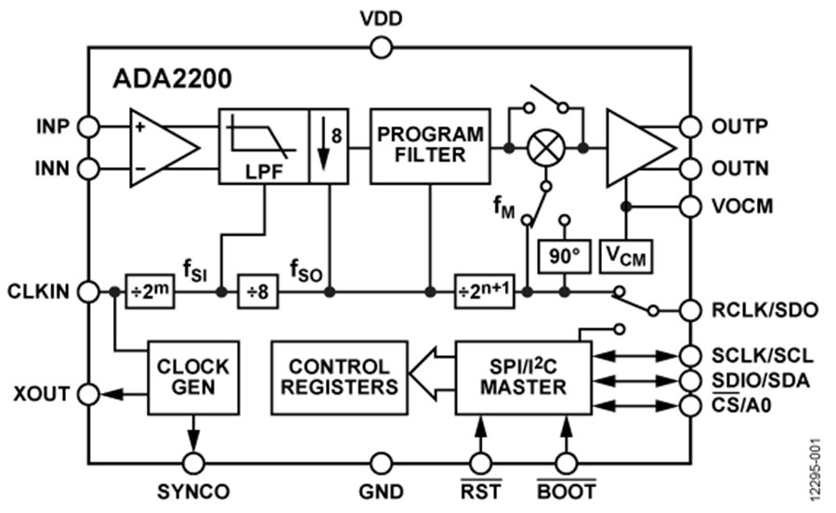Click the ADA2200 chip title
(x=173, y=79)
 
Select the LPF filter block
(x=264, y=146)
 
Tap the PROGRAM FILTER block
(x=430, y=146)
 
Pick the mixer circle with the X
(x=546, y=147)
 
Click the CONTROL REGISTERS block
(x=339, y=376)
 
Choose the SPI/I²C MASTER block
(x=524, y=376)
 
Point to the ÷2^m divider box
(x=149, y=292)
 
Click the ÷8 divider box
(x=257, y=292)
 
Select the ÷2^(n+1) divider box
(x=484, y=292)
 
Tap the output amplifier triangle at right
(x=637, y=148)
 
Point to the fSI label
(x=196, y=270)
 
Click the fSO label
(x=306, y=270)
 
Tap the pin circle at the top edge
(x=380, y=48)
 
